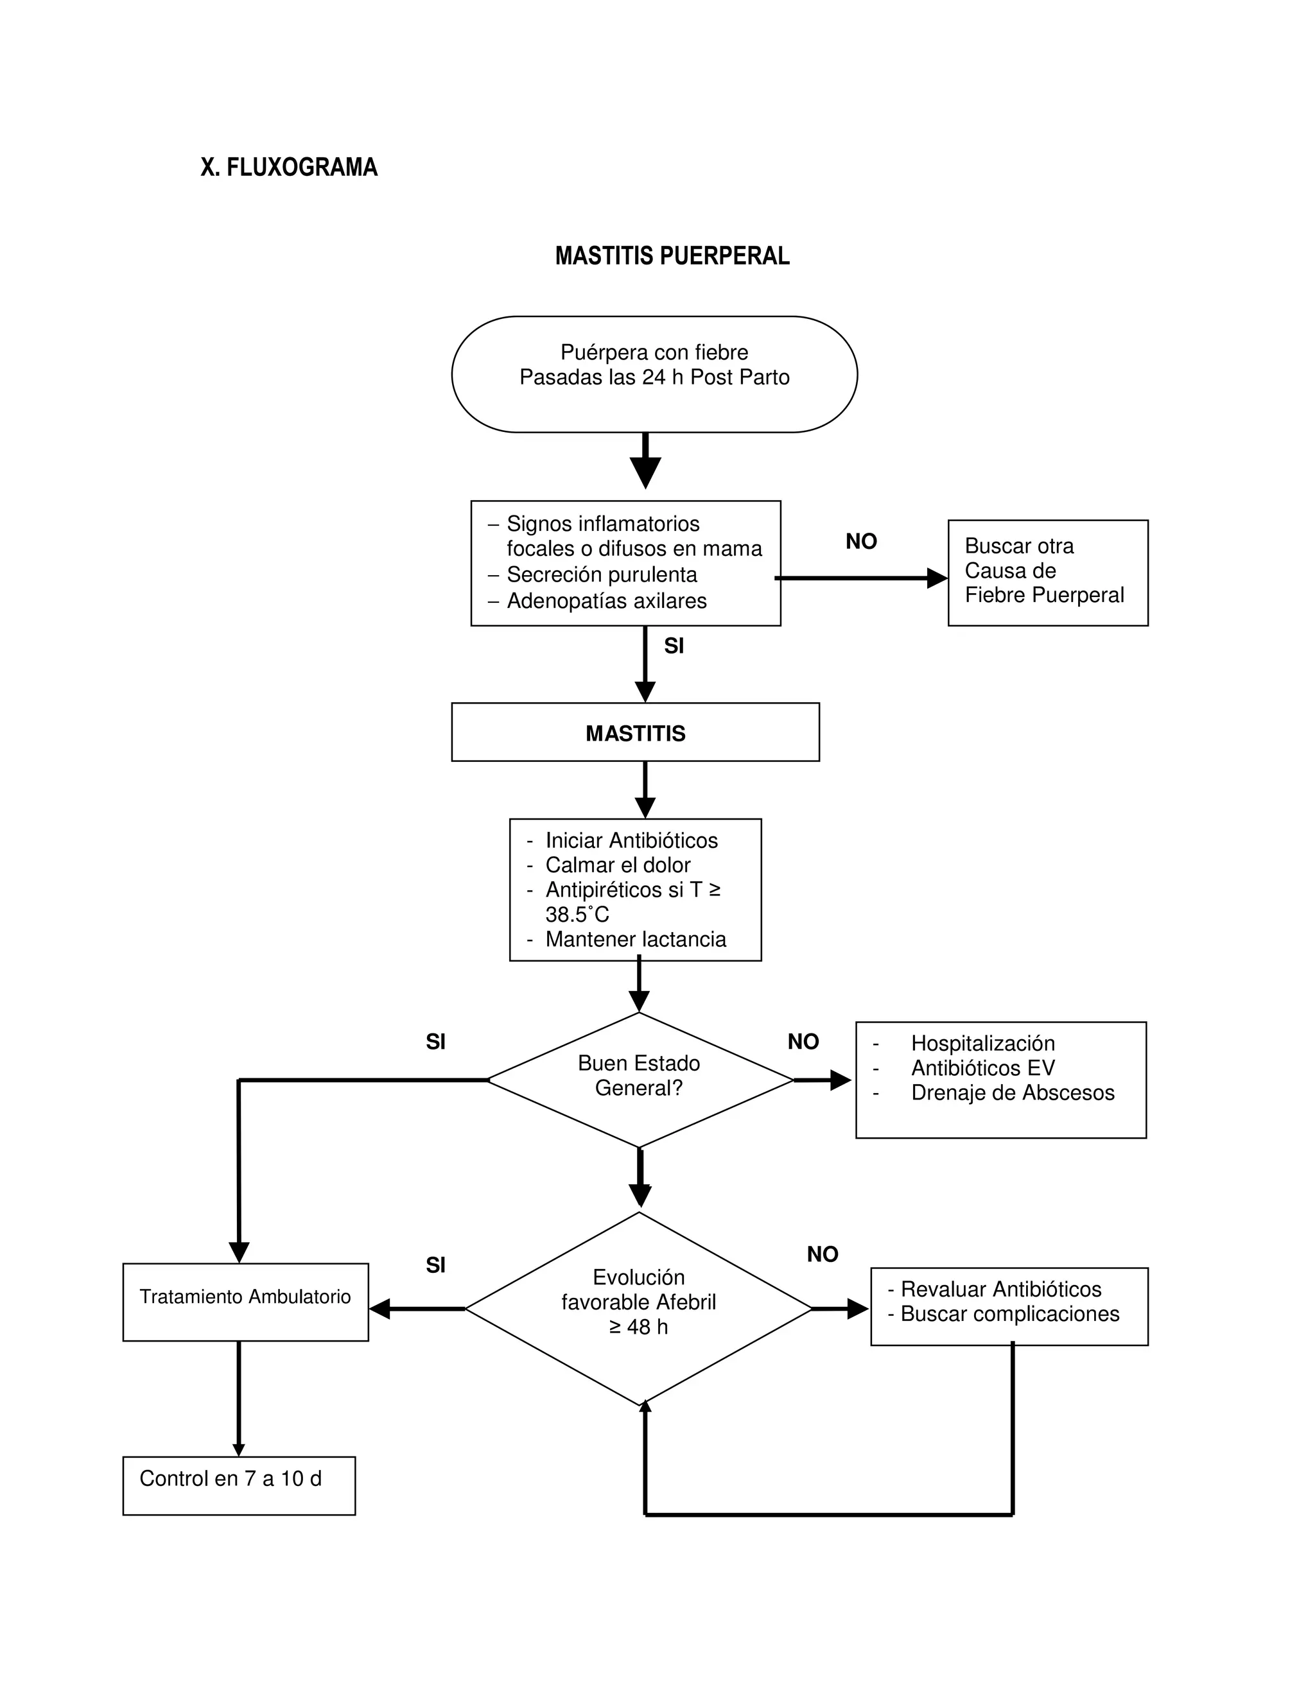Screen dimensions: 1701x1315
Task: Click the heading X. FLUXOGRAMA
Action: (288, 168)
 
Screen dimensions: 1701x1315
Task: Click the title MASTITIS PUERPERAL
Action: (672, 256)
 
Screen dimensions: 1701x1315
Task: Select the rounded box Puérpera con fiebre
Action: (654, 374)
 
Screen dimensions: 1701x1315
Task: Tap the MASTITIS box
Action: (635, 733)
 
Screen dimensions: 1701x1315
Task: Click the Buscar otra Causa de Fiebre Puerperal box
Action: (1047, 573)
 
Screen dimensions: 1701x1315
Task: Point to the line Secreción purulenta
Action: (602, 574)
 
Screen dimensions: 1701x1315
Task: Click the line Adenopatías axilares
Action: (606, 601)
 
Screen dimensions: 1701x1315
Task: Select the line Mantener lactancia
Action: (635, 939)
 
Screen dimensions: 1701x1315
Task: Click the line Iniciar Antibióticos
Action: (631, 840)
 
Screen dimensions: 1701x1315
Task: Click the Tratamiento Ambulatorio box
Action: (245, 1297)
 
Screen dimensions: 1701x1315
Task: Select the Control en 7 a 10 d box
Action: (238, 1479)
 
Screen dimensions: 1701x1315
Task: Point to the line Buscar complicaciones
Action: (1009, 1314)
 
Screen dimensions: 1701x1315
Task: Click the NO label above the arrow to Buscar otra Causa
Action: (861, 542)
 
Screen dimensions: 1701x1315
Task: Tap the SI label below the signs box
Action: (674, 646)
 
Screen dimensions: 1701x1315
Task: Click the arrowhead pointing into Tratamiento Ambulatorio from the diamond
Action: (380, 1309)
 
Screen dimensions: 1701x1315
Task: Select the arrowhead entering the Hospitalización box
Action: (840, 1080)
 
